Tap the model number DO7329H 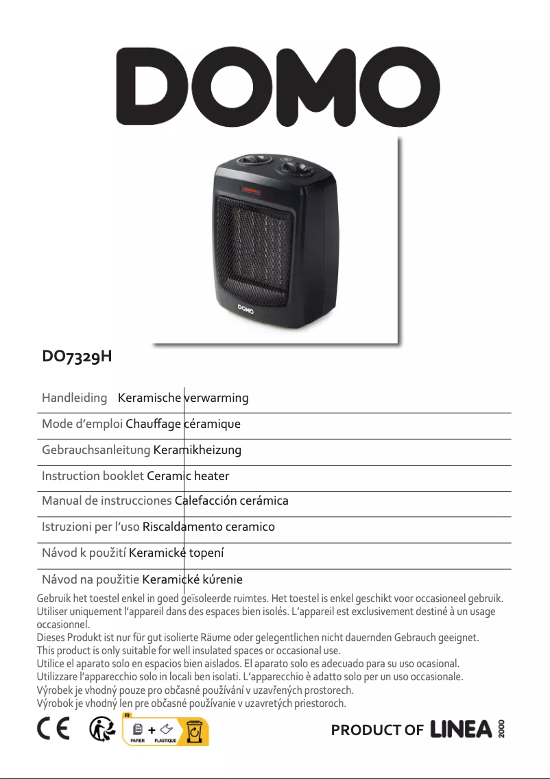click(77, 357)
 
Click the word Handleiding click(74, 398)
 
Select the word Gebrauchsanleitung click(96, 450)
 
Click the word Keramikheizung click(198, 450)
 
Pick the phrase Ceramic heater click(189, 476)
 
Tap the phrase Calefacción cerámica click(232, 501)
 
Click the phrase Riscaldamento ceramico click(208, 527)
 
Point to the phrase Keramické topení click(178, 553)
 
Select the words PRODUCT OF click(376, 730)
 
